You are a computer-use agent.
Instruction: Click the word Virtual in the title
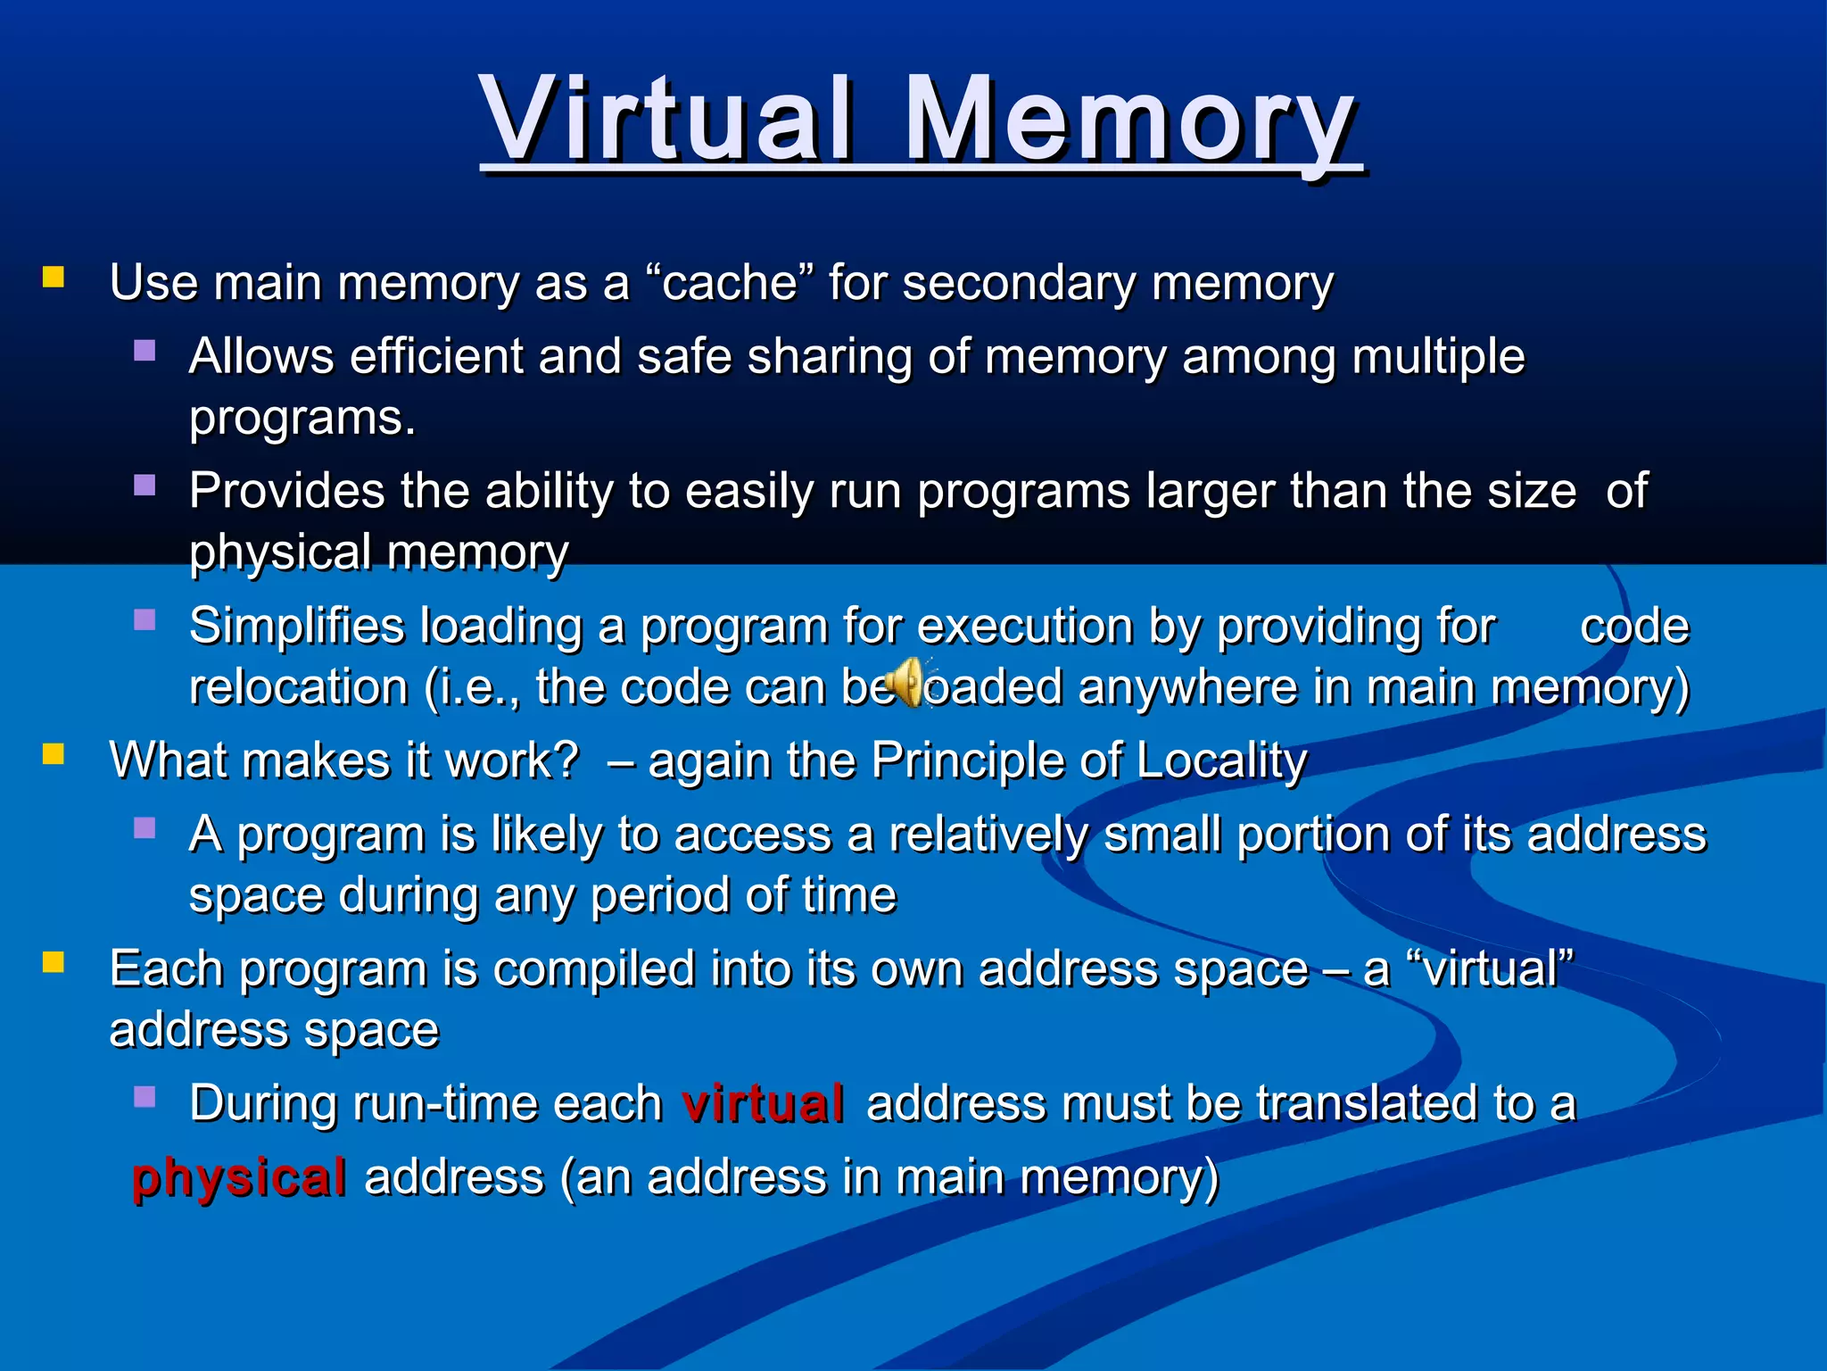tap(665, 119)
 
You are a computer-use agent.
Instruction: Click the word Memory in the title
tap(1129, 119)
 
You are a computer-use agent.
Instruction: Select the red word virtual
tap(763, 1103)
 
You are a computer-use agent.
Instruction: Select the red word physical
tap(239, 1177)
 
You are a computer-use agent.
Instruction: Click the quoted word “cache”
tap(730, 283)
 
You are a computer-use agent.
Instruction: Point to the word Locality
tap(1221, 760)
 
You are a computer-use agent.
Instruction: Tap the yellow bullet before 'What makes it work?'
tap(54, 755)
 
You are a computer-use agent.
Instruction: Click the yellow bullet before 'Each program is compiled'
tap(54, 962)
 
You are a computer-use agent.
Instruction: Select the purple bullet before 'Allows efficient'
tap(145, 350)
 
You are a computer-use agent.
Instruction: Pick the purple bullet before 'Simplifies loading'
tap(145, 619)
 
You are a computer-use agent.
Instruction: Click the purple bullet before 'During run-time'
tap(145, 1096)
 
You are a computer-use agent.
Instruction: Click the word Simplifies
tap(296, 626)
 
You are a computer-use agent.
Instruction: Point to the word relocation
tap(298, 687)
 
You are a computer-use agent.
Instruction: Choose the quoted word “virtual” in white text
tap(1489, 968)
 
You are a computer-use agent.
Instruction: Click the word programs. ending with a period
tap(302, 418)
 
